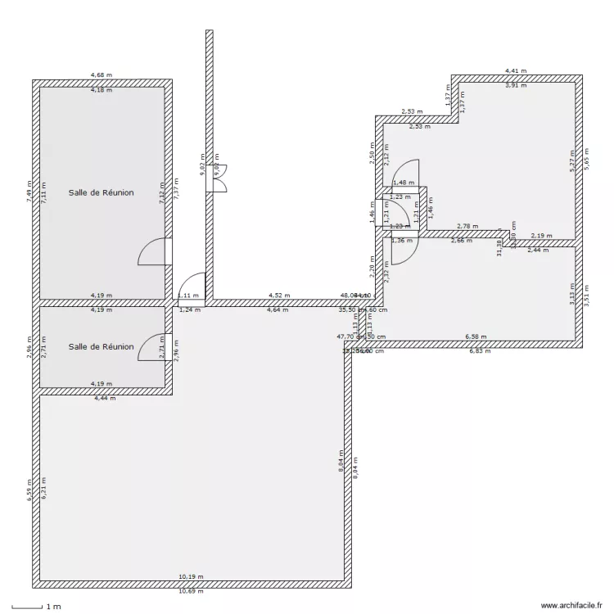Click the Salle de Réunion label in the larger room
pos(102,193)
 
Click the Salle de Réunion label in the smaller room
pos(102,346)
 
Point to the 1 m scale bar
pos(33,607)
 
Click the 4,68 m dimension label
pos(102,75)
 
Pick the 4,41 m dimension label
pos(516,71)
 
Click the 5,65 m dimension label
pos(586,161)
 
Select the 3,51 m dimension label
pos(586,294)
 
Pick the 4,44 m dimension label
pos(105,399)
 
